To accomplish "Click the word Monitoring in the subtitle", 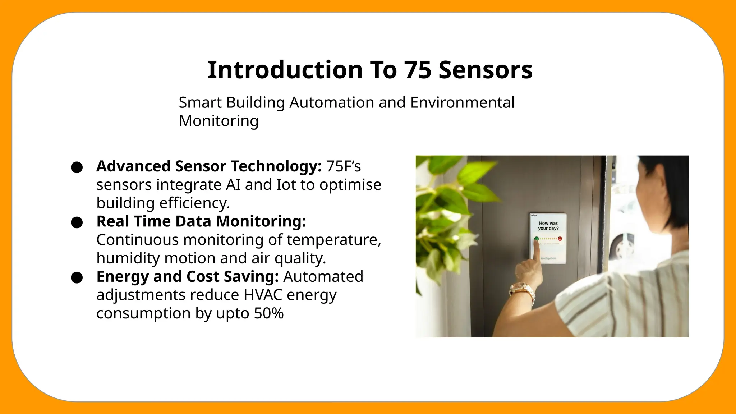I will [218, 121].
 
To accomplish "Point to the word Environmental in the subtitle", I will [462, 102].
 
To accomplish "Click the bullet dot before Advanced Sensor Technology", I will [77, 167].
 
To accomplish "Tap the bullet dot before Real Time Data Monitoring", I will [77, 222].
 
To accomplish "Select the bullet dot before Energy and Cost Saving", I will [77, 277].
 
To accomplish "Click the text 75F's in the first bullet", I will [343, 166].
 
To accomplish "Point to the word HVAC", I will [263, 295].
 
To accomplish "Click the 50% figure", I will [268, 313].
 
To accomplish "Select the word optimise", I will [350, 185].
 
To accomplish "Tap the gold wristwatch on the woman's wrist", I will [523, 291].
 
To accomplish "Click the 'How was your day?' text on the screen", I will [548, 226].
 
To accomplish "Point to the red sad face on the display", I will [560, 239].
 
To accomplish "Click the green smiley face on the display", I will [537, 239].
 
